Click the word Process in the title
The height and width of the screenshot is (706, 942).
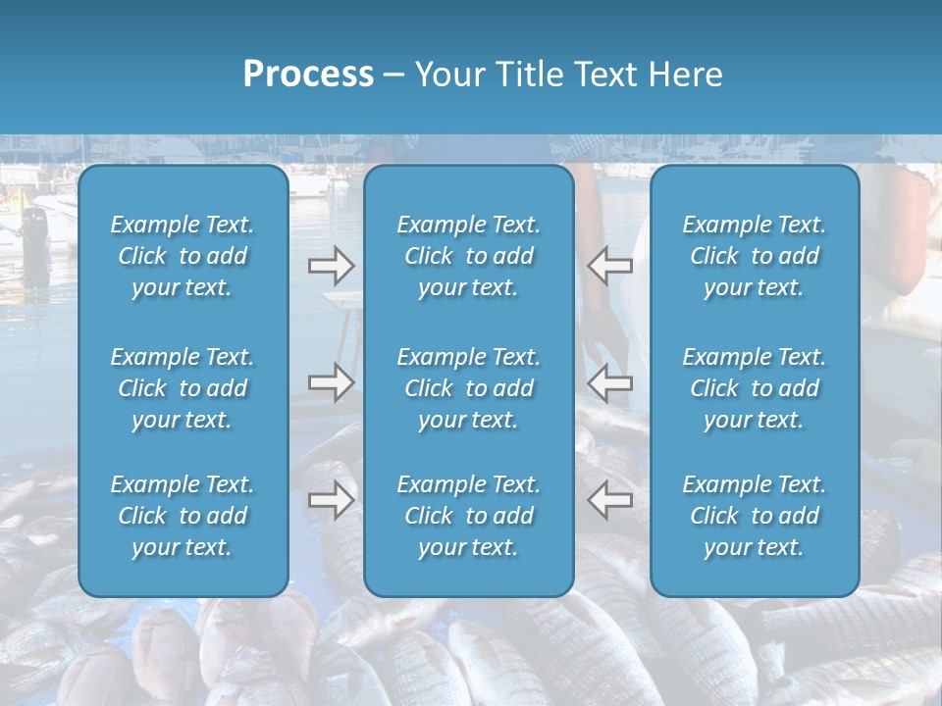[x=308, y=75]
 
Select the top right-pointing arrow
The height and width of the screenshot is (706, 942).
[x=331, y=266]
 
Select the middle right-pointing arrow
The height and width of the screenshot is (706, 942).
[x=331, y=382]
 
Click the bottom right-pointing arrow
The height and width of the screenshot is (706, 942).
[x=331, y=500]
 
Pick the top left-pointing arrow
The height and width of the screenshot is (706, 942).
[x=609, y=266]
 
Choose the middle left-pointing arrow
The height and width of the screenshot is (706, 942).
[x=609, y=382]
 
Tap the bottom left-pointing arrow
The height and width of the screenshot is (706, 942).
[x=609, y=500]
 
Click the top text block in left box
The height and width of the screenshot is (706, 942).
[x=183, y=256]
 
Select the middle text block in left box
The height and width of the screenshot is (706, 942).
[x=183, y=388]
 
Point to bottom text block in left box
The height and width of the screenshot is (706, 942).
[x=183, y=516]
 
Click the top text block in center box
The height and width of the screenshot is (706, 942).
[x=468, y=256]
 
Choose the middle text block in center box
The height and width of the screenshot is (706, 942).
[x=468, y=388]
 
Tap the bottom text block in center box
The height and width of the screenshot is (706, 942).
[x=468, y=516]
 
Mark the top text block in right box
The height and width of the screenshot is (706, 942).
[x=754, y=256]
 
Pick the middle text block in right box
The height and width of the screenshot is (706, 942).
[x=754, y=388]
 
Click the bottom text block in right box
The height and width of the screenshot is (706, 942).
[x=754, y=516]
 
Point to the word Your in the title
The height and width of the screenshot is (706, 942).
[x=449, y=75]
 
